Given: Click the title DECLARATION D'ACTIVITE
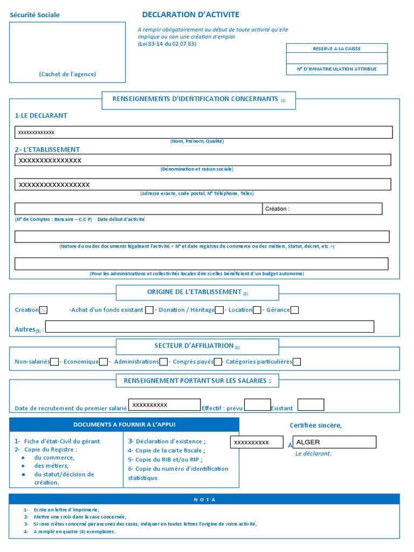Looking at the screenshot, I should tap(190, 15).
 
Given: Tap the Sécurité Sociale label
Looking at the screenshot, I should tap(34, 15).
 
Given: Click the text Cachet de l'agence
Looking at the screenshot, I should tap(67, 74).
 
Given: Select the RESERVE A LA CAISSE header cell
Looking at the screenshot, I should tap(336, 49).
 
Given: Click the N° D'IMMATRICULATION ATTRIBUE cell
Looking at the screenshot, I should tap(336, 69).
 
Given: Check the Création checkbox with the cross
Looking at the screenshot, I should tap(44, 310).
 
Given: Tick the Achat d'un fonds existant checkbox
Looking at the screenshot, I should tap(149, 310).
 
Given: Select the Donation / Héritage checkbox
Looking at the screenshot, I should tap(219, 310).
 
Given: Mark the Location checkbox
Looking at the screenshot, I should tap(257, 310).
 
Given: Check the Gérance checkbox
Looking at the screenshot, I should tap(294, 310).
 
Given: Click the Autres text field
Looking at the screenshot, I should tap(210, 327).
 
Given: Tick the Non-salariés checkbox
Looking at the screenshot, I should tap(54, 362).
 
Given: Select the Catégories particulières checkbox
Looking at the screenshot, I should tap(296, 362).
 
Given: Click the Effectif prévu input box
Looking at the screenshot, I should tap(257, 405).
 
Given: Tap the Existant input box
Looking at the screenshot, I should tap(311, 405).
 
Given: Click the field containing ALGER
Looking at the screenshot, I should tap(335, 443).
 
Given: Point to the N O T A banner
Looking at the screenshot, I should tap(204, 499).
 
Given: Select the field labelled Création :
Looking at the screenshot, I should tap(322, 209).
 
